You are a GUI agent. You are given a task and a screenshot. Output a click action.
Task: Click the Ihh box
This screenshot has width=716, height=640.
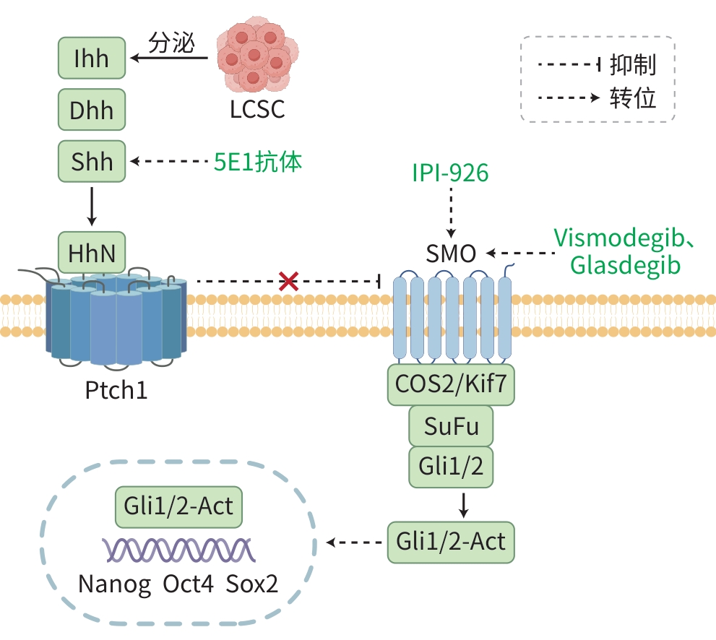pos(92,59)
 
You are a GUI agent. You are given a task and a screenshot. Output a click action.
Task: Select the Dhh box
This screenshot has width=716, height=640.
pos(92,111)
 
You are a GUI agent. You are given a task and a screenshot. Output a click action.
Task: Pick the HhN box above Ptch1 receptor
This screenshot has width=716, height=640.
pos(92,253)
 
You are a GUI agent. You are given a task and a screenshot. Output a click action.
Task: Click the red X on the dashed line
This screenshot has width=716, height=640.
pos(288,281)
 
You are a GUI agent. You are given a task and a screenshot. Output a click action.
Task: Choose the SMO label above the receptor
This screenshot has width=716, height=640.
pos(451,254)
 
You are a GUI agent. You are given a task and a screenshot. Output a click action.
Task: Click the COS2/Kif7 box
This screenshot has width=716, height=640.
pos(451,385)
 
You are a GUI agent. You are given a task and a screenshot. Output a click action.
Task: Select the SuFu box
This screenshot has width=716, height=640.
pos(451,426)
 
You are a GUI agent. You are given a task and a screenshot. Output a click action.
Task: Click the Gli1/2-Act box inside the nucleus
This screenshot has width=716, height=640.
pos(178,506)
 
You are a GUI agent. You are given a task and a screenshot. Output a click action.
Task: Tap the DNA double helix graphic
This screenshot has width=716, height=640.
pos(178,550)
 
